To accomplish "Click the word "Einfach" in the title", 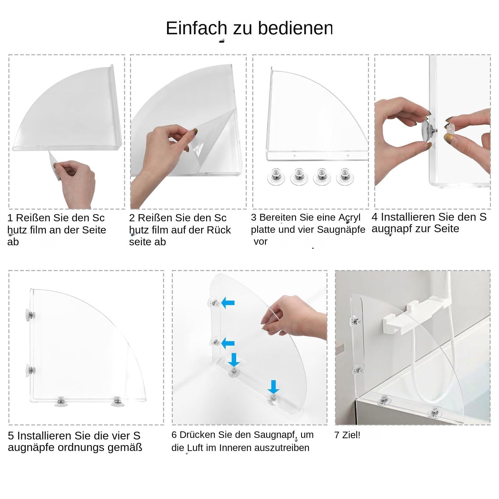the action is pyautogui.click(x=196, y=28).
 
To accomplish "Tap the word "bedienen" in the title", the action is pyautogui.click(x=295, y=28).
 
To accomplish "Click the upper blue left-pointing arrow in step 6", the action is pyautogui.click(x=228, y=302).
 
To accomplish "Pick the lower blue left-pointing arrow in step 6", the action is pyautogui.click(x=228, y=343).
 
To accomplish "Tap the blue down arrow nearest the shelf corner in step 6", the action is pyautogui.click(x=234, y=360).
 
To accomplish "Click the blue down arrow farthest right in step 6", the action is pyautogui.click(x=273, y=387).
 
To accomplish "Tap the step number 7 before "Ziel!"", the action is pyautogui.click(x=337, y=435).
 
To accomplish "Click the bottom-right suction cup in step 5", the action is pyautogui.click(x=117, y=401).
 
